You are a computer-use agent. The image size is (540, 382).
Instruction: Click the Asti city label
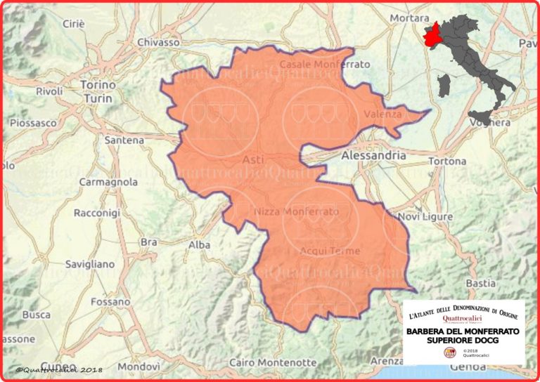pos(252,160)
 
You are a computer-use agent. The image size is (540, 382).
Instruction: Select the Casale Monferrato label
pos(325,64)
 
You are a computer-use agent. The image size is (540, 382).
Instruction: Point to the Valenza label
pos(383,114)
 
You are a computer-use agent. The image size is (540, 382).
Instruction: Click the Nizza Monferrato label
pos(295,211)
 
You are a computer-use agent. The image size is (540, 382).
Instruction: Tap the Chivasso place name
pos(158,42)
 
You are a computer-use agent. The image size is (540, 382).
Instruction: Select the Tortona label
pos(446,161)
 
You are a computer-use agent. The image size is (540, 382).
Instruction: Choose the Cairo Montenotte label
pos(273,362)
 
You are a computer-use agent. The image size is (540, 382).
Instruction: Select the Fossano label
pos(96,301)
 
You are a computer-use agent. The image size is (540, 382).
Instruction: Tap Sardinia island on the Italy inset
pos(443,86)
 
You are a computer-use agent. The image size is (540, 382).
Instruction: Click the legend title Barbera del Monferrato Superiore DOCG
pos(464,335)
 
